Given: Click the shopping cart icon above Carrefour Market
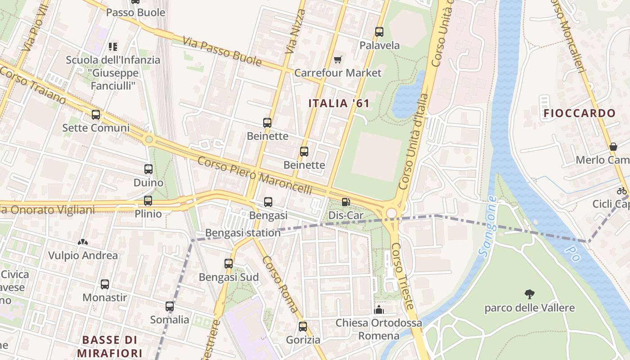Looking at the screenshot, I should click(x=338, y=59).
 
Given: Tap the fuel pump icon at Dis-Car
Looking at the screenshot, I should click(x=346, y=202).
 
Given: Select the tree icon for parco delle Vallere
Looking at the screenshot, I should click(x=530, y=294).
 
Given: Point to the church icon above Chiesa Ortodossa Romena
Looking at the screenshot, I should click(x=379, y=310).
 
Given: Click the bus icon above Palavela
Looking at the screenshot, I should click(x=379, y=32).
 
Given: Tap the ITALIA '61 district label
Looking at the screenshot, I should click(x=339, y=103).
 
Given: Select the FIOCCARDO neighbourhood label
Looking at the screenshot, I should click(x=579, y=113).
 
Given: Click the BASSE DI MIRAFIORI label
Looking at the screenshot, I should click(x=109, y=346).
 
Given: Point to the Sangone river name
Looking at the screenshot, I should click(x=487, y=226).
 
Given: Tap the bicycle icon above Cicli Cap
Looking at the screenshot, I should click(x=622, y=190).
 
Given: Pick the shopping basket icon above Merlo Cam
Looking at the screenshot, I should click(x=613, y=147).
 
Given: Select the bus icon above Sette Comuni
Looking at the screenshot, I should click(x=96, y=115).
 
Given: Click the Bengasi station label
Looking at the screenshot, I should click(x=243, y=233).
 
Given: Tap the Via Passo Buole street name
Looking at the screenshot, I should click(x=222, y=51).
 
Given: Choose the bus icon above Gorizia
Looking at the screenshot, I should click(x=303, y=327).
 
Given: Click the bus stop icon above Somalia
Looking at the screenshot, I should click(x=170, y=306).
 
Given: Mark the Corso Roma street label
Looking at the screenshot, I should click(x=280, y=284).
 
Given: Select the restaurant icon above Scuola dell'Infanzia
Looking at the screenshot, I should click(x=113, y=46).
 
